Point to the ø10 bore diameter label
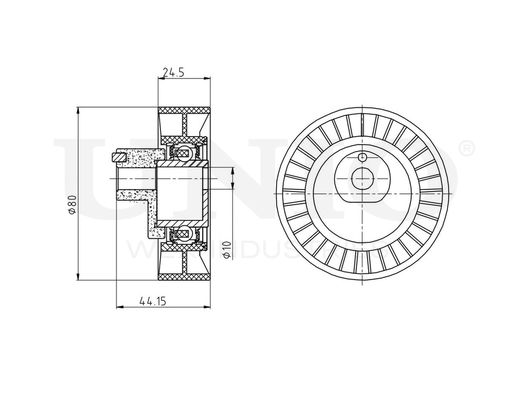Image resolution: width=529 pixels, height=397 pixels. pos(227,249)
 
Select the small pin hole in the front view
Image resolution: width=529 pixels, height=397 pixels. pos(362,157)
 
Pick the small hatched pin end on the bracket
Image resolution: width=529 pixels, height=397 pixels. pos(119,157)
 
